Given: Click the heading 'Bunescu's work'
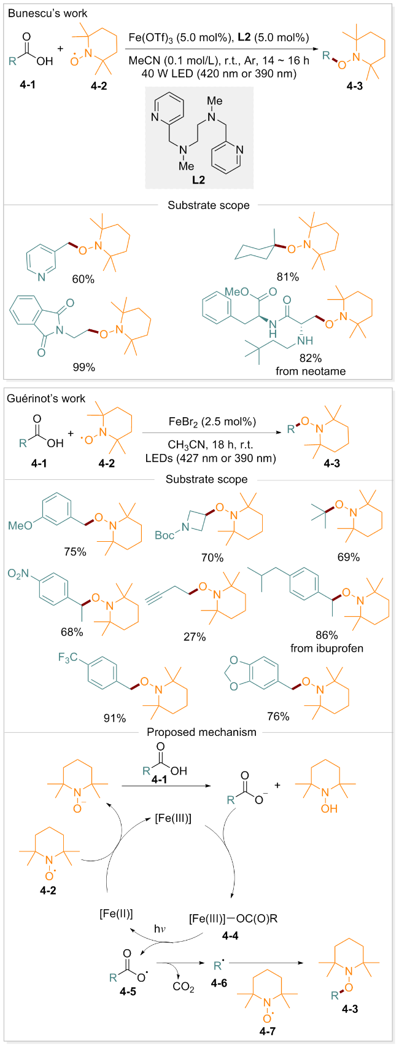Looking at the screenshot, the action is pyautogui.click(x=47, y=13).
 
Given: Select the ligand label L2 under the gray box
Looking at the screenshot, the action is pyautogui.click(x=198, y=179).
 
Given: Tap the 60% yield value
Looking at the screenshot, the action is pyautogui.click(x=83, y=280).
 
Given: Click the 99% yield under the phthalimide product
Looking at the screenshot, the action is pyautogui.click(x=83, y=367).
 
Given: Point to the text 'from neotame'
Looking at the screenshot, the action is pyautogui.click(x=311, y=371).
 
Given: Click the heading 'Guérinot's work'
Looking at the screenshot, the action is pyautogui.click(x=46, y=399).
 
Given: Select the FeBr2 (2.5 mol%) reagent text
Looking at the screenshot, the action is pyautogui.click(x=212, y=422).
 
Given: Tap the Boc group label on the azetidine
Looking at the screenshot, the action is pyautogui.click(x=164, y=535).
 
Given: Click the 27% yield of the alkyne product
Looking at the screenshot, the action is pyautogui.click(x=195, y=637).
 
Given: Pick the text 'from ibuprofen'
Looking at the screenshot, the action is pyautogui.click(x=327, y=648).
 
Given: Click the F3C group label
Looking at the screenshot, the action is pyautogui.click(x=68, y=658).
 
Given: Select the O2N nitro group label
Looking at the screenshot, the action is pyautogui.click(x=18, y=574).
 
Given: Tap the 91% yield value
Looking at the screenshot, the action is pyautogui.click(x=115, y=718).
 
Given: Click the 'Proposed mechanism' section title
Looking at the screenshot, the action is pyautogui.click(x=201, y=732).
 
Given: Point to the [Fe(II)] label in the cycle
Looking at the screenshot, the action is pyautogui.click(x=116, y=913).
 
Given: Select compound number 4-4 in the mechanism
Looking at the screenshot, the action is pyautogui.click(x=230, y=935).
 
